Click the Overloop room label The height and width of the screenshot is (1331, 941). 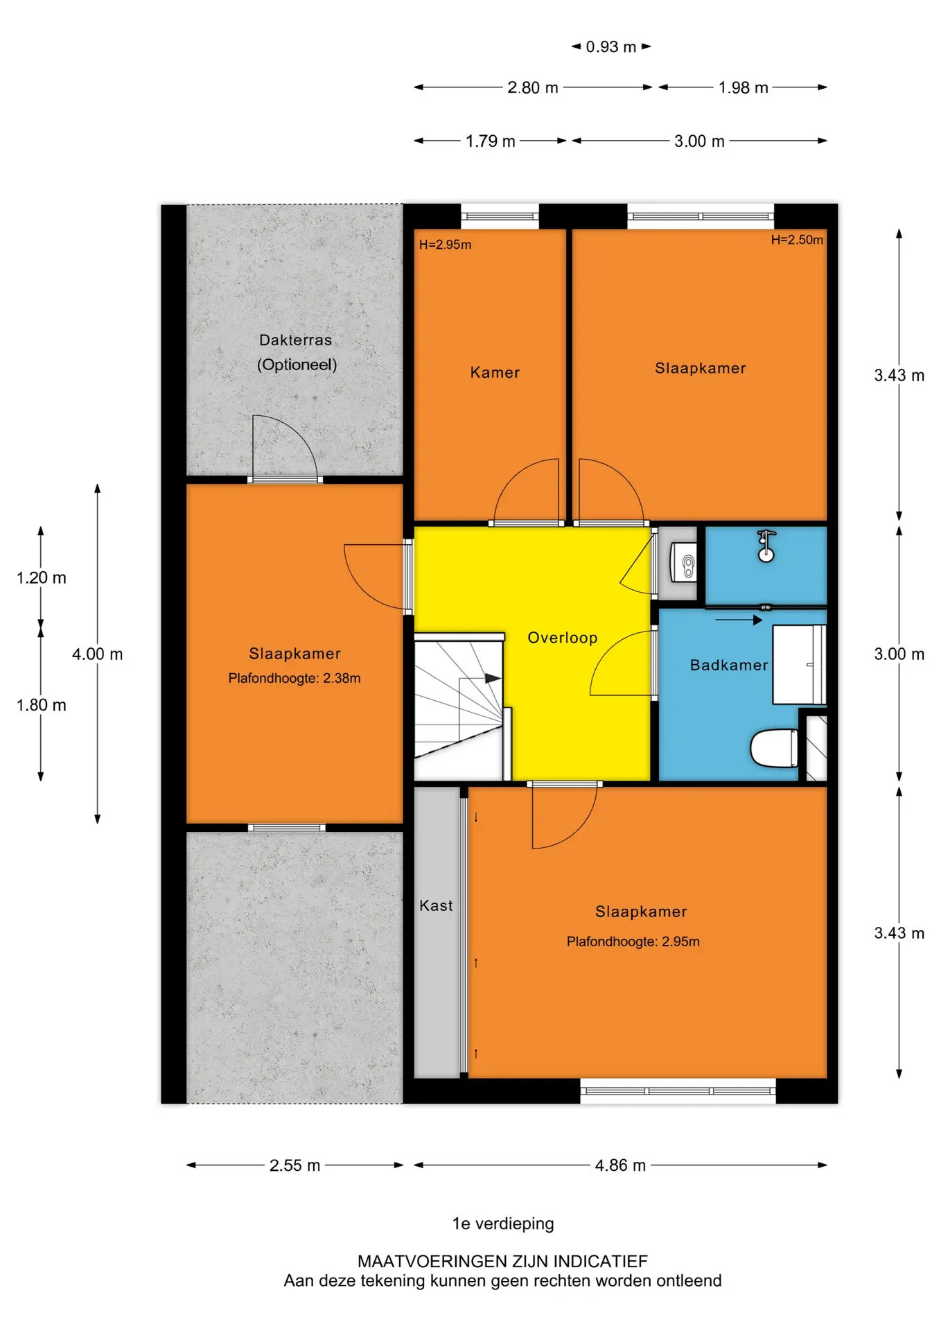[x=562, y=638]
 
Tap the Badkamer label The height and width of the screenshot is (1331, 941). [x=729, y=665]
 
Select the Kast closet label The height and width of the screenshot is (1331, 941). [x=436, y=905]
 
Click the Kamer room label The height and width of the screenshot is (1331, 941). [x=495, y=372]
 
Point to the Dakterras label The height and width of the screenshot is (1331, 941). [x=295, y=340]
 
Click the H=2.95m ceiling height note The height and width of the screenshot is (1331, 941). [x=445, y=245]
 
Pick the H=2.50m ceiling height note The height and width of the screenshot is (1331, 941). [x=797, y=240]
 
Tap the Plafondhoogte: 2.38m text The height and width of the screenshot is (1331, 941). [x=294, y=678]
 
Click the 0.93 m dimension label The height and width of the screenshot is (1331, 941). [x=610, y=47]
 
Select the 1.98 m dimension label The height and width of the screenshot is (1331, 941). [x=743, y=88]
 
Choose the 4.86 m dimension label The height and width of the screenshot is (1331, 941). [x=620, y=1165]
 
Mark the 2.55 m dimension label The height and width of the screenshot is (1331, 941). [x=294, y=1165]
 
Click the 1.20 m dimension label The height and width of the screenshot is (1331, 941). [x=42, y=577]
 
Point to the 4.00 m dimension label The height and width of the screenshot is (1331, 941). [x=97, y=654]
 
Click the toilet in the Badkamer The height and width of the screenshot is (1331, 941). [x=774, y=748]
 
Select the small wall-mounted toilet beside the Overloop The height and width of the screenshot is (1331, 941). [x=684, y=563]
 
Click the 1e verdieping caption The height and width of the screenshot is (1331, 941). [x=503, y=1224]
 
